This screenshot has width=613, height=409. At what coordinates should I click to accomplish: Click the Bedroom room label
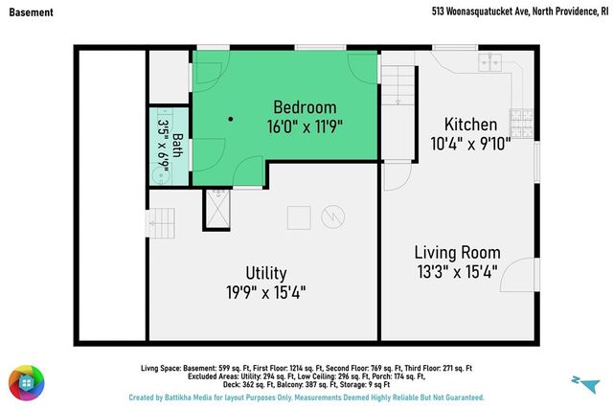pyautogui.click(x=305, y=107)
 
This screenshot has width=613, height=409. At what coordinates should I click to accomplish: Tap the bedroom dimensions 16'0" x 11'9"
pyautogui.click(x=305, y=126)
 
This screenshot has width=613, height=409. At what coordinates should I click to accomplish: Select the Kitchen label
pyautogui.click(x=470, y=125)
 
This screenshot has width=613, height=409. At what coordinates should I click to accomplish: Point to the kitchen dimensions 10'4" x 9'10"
pyautogui.click(x=470, y=144)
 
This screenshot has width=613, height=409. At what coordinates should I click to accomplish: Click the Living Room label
pyautogui.click(x=458, y=253)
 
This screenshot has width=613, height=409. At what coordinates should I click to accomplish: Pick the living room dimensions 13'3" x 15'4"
pyautogui.click(x=458, y=272)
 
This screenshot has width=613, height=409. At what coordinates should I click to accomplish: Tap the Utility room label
pyautogui.click(x=266, y=273)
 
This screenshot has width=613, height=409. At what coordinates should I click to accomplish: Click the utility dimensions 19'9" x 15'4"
pyautogui.click(x=266, y=292)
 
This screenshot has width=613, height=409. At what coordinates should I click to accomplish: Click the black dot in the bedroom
pyautogui.click(x=231, y=119)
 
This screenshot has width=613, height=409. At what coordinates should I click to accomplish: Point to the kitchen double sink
pyautogui.click(x=489, y=62)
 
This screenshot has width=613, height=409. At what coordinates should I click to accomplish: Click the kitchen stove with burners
pyautogui.click(x=521, y=123)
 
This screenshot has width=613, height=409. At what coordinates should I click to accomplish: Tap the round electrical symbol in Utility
pyautogui.click(x=333, y=216)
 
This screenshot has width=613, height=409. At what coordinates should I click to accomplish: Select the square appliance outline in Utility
pyautogui.click(x=299, y=217)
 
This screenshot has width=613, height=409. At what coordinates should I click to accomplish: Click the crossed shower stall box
pyautogui.click(x=217, y=209)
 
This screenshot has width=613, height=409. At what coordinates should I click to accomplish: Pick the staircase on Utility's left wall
pyautogui.click(x=160, y=223)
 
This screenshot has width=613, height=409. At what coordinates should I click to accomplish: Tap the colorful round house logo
pyautogui.click(x=27, y=383)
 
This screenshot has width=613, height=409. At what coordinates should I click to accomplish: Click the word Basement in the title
pyautogui.click(x=32, y=12)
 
